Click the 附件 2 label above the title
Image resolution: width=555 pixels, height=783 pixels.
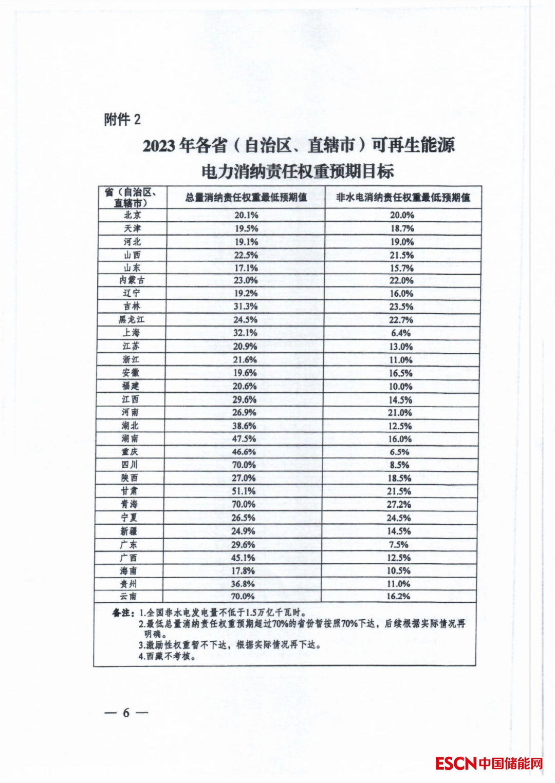[122, 120]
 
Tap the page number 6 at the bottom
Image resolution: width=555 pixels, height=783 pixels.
[126, 713]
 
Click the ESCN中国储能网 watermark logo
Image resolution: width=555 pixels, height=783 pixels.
[489, 763]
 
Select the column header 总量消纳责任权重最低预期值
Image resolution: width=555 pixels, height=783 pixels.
[246, 198]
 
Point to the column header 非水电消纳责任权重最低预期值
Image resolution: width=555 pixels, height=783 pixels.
[403, 198]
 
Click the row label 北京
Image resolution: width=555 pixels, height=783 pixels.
[133, 215]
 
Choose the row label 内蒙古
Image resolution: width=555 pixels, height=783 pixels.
[132, 280]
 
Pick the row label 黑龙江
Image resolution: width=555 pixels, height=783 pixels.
[132, 319]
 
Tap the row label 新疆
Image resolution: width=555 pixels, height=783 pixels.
[129, 531]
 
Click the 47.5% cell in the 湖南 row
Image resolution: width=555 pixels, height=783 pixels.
[244, 438]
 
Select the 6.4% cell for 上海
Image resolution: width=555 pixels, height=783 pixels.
[401, 333]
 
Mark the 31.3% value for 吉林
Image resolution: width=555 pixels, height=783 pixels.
[245, 307]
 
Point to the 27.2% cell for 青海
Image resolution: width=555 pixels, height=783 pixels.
[399, 504]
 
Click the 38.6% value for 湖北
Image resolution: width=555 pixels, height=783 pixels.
[244, 426]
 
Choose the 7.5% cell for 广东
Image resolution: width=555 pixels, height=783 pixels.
[399, 544]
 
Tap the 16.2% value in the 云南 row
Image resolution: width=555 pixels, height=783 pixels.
[398, 596]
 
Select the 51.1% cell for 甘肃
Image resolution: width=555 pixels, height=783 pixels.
[244, 491]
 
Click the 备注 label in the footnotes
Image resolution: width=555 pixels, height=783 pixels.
[123, 613]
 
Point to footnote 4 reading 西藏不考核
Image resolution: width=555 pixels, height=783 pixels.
[168, 656]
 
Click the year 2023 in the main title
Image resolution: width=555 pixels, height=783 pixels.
[159, 146]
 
